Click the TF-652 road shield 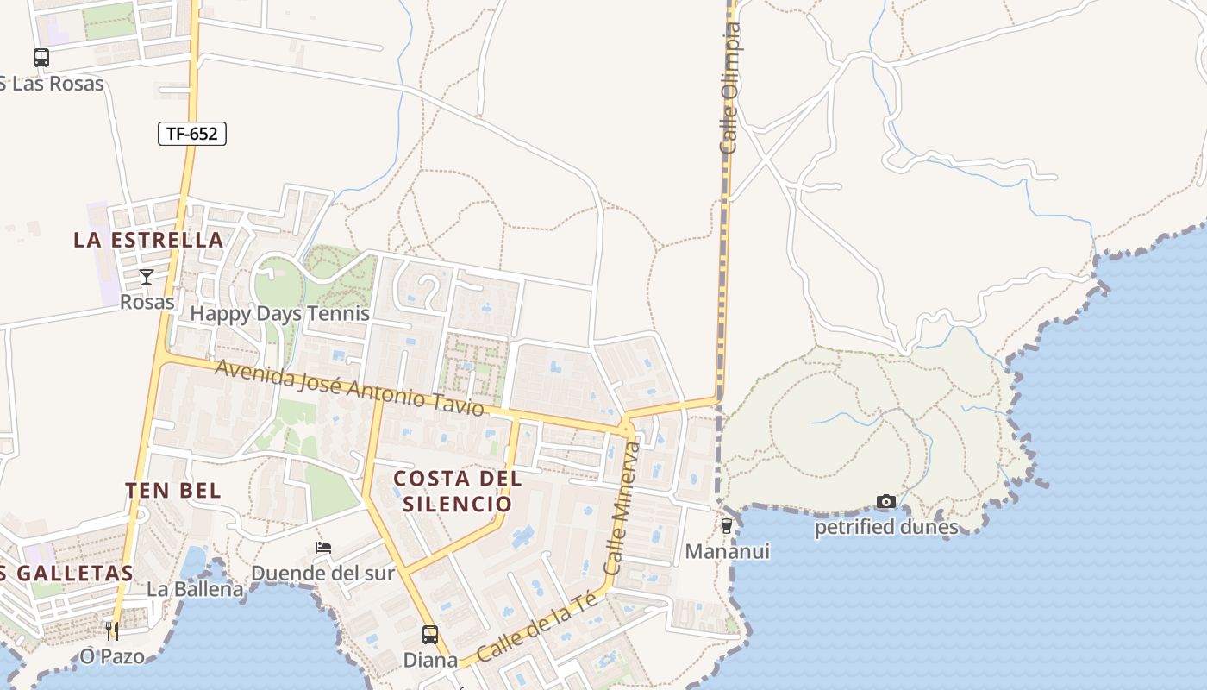coord(192,134)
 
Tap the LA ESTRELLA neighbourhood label coord(148,240)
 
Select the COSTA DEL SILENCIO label coord(458,491)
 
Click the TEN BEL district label coord(173,491)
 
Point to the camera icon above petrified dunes coord(885,502)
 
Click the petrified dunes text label coord(885,527)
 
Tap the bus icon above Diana coord(430,635)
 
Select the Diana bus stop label coord(430,660)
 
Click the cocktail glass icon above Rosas coord(147,277)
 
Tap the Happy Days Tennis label coord(279,313)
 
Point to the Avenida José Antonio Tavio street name coord(349,388)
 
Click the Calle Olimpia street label coord(730,90)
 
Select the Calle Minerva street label coord(622,509)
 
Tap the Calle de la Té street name coord(537,626)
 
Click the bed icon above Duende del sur coord(323,548)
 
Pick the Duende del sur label coord(322,573)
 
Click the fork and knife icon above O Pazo coord(112,630)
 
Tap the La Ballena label coord(195,590)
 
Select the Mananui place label coord(727,551)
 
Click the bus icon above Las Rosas coord(41,58)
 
